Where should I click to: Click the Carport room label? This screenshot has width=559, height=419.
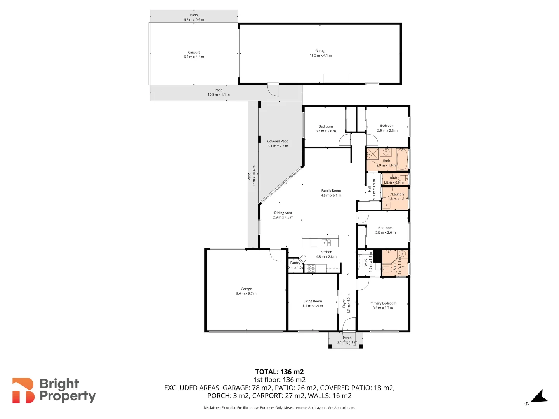[x=194, y=52]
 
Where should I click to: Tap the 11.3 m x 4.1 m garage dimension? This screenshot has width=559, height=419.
[x=321, y=55]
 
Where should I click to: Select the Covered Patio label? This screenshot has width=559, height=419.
[x=278, y=141]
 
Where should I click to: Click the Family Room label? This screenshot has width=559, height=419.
[x=331, y=190]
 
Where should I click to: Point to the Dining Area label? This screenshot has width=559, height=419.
[x=283, y=213]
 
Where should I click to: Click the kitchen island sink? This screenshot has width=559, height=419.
[x=326, y=243]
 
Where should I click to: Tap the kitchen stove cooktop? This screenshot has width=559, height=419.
[x=311, y=268]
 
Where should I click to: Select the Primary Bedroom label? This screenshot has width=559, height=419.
[x=383, y=303]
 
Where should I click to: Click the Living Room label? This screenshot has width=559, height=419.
[x=312, y=301]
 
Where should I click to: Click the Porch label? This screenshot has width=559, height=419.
[x=347, y=338]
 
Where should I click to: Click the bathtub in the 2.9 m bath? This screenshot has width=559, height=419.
[x=402, y=159]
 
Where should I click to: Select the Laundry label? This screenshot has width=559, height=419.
[x=398, y=194]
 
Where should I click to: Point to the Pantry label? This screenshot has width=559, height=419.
[x=295, y=263]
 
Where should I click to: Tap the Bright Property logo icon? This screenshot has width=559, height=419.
[x=23, y=391]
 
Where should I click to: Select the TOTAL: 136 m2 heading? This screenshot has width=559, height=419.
[x=279, y=372]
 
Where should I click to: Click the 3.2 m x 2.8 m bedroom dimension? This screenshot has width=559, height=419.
[x=326, y=131]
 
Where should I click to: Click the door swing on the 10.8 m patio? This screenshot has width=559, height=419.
[x=273, y=90]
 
